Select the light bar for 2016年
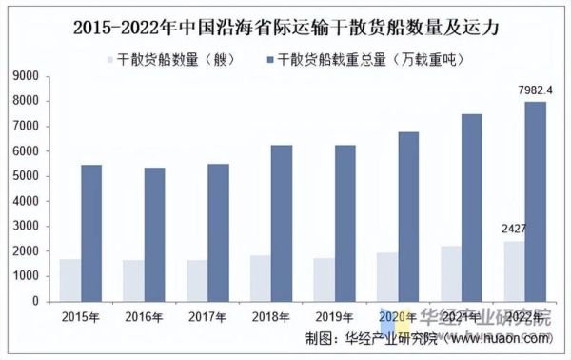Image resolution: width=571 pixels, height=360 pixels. click(134, 280)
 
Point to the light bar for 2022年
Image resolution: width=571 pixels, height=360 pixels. click(515, 270)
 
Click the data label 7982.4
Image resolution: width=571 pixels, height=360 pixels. click(535, 90)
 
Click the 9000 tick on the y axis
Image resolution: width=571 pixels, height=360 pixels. click(26, 76)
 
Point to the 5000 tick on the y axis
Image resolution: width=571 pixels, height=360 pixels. click(26, 176)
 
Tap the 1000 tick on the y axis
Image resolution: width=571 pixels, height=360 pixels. click(26, 276)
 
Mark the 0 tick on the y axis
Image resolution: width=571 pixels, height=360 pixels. click(35, 302)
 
